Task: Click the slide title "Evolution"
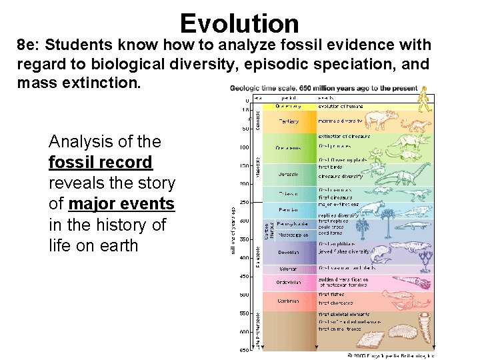(x=239, y=23)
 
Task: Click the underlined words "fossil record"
(x=100, y=162)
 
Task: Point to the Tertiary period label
(x=289, y=121)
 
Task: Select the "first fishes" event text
(x=331, y=294)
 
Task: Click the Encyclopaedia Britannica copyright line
(x=391, y=355)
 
